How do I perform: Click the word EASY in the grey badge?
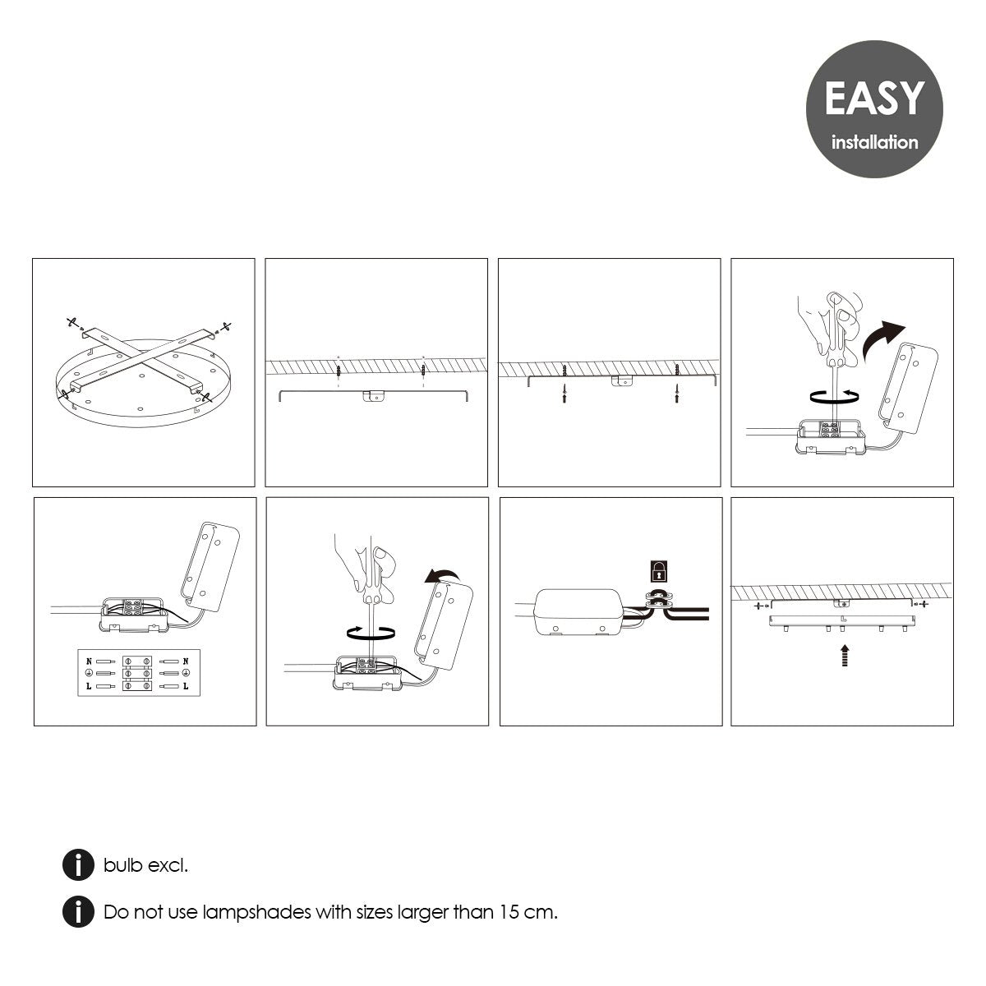(x=874, y=98)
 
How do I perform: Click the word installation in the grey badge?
(x=874, y=142)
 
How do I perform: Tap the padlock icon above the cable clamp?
(x=659, y=571)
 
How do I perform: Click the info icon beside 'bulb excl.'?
(x=78, y=864)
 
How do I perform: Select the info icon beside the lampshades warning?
(x=78, y=912)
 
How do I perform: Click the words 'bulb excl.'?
(x=145, y=864)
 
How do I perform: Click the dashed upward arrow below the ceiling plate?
(x=845, y=655)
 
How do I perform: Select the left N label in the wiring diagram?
(x=89, y=661)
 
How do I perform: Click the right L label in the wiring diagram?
(x=186, y=686)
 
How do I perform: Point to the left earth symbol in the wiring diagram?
(x=89, y=674)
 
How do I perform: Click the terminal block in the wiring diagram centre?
(x=137, y=674)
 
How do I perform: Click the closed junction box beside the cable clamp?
(x=578, y=612)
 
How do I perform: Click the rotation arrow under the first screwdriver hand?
(x=835, y=396)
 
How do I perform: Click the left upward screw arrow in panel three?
(x=564, y=393)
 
